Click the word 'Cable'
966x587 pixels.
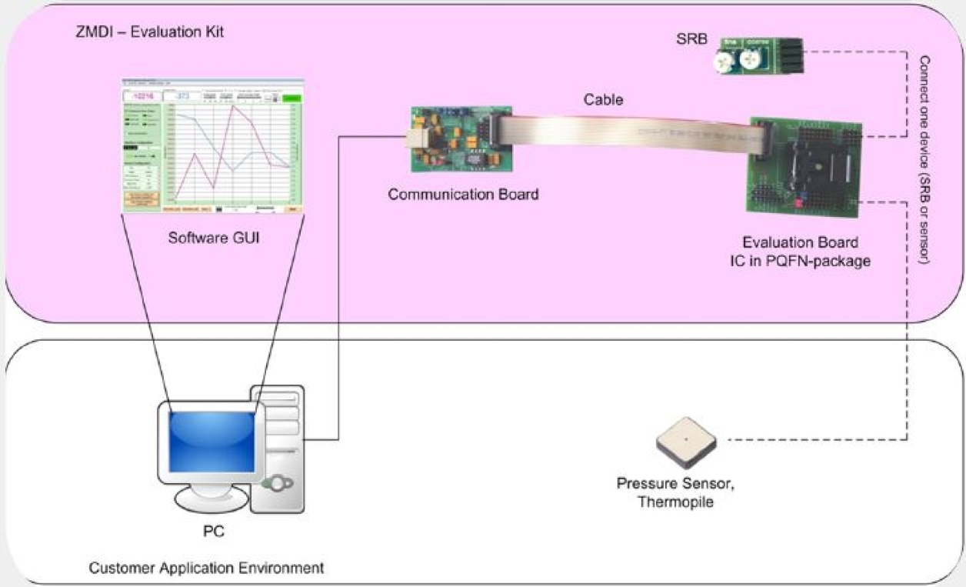tap(603, 99)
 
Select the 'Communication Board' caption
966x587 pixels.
tap(463, 195)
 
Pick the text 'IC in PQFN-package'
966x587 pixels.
tap(800, 261)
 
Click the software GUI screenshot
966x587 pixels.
tap(214, 146)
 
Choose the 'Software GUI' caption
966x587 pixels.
tap(214, 238)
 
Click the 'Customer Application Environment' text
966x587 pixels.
tap(206, 569)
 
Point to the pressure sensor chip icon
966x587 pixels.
tap(686, 442)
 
